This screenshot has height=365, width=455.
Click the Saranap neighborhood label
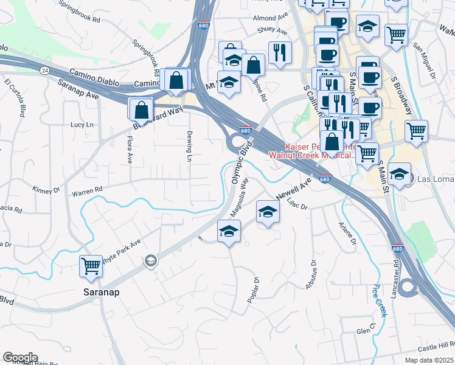(99, 292)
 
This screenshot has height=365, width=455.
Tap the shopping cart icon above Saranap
(90, 265)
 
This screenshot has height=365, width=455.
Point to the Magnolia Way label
(239, 196)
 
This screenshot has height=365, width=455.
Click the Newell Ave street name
(294, 189)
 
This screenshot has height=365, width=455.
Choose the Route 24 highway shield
(45, 71)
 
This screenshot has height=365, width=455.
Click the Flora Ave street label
(130, 150)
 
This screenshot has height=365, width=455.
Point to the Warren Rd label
(87, 192)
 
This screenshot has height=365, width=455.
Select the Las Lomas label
(434, 179)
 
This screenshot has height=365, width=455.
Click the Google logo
(20, 358)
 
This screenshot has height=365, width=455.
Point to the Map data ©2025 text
(428, 360)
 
